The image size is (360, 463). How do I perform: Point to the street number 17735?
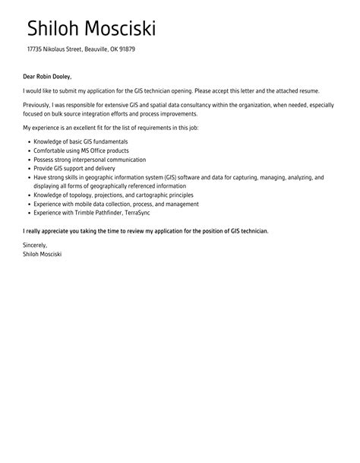pos(37,49)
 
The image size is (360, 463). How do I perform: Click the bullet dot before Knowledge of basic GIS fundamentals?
pos(29,142)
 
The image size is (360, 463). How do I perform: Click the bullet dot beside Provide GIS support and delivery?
pos(29,168)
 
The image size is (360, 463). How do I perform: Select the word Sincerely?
pos(36,246)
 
